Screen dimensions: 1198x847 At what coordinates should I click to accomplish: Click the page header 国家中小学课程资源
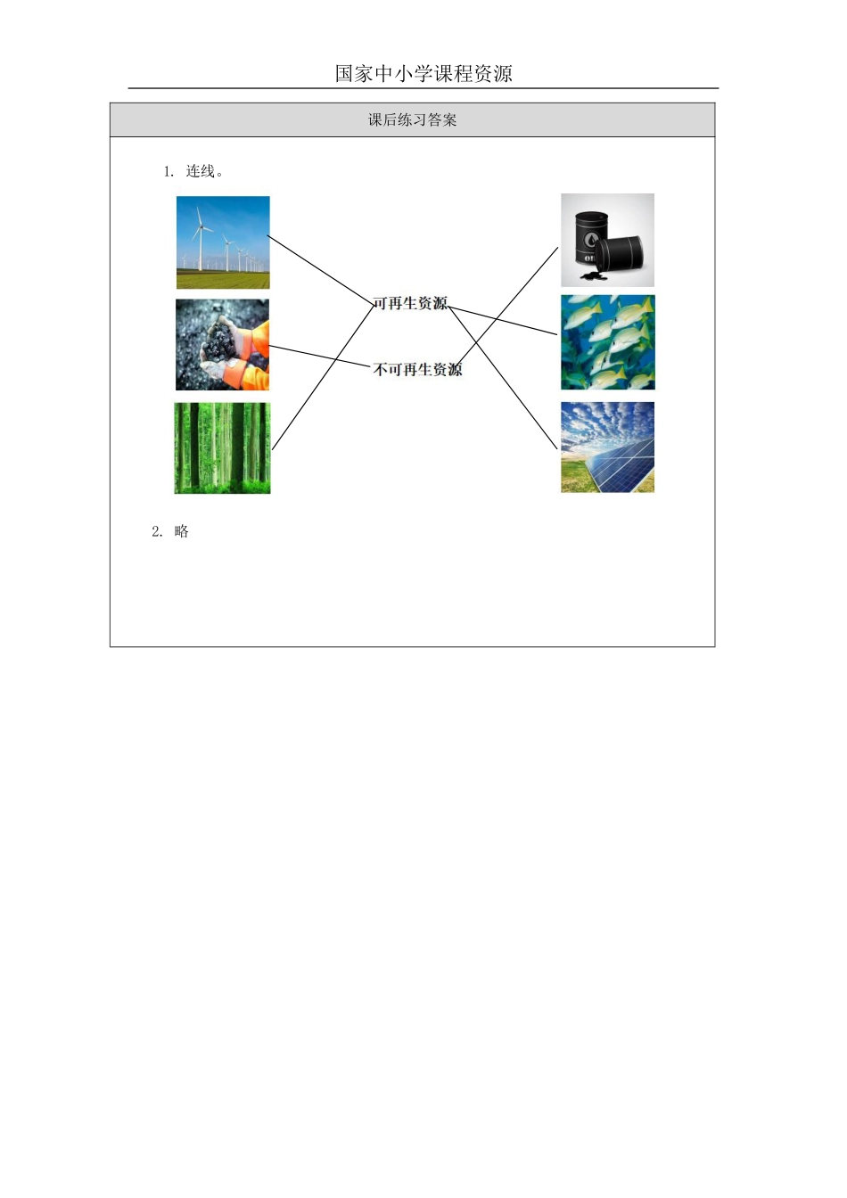pyautogui.click(x=423, y=74)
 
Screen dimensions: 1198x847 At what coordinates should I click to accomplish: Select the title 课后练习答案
pyautogui.click(x=412, y=120)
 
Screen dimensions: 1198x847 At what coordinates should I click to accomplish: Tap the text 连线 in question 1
pyautogui.click(x=201, y=171)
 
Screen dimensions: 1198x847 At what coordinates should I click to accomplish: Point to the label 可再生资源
pyautogui.click(x=410, y=304)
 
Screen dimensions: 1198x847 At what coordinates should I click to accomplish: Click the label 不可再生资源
pyautogui.click(x=417, y=369)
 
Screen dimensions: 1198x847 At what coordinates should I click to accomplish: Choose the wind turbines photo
pyautogui.click(x=223, y=242)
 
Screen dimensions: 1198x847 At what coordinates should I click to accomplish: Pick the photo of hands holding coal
pyautogui.click(x=222, y=345)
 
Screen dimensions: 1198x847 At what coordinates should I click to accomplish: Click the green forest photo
pyautogui.click(x=222, y=448)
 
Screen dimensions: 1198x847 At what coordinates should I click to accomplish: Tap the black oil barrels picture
pyautogui.click(x=607, y=241)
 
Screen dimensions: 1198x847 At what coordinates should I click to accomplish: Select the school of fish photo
pyautogui.click(x=607, y=342)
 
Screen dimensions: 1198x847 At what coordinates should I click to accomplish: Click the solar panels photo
pyautogui.click(x=607, y=447)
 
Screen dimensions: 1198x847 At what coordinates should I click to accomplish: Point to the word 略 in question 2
pyautogui.click(x=182, y=532)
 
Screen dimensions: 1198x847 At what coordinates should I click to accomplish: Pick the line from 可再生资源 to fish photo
pyautogui.click(x=504, y=320)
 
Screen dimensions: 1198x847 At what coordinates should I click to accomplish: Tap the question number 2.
pyautogui.click(x=157, y=532)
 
